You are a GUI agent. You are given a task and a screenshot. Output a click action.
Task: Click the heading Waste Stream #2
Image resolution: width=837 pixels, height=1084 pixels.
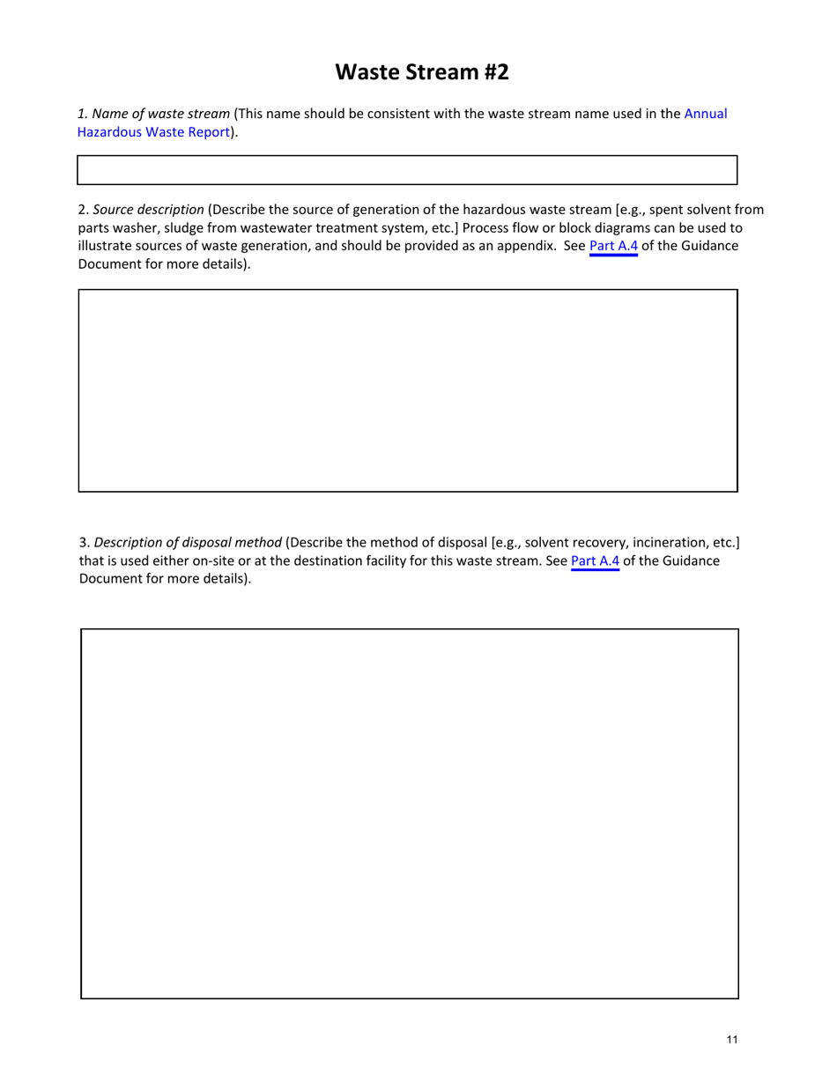[x=422, y=72]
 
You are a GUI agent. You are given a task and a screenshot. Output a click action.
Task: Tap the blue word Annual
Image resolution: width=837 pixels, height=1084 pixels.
[x=705, y=114]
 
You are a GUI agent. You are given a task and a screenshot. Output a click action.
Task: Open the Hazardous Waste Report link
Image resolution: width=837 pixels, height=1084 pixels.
[x=154, y=132]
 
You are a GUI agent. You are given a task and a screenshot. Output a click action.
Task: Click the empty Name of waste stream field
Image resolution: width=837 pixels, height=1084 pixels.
[x=407, y=170]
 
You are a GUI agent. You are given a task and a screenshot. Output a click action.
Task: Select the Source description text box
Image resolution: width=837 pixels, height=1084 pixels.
[x=407, y=390]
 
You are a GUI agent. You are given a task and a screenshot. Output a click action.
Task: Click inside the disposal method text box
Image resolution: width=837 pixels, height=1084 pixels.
[x=409, y=813]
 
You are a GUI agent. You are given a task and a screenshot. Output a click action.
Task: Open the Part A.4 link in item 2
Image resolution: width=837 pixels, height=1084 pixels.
[x=612, y=246]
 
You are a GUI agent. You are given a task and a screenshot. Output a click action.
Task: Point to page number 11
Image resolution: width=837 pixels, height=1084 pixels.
[x=732, y=1040]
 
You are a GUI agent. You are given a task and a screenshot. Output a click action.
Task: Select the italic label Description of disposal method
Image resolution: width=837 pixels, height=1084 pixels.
[x=188, y=541]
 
